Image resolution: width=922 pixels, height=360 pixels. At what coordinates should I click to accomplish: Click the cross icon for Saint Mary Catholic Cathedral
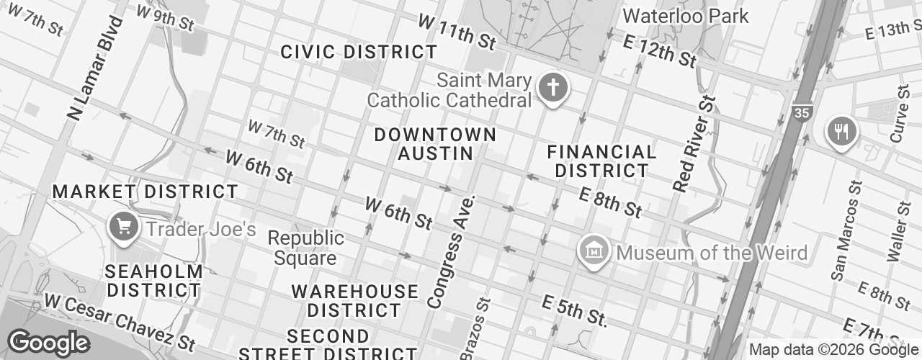tap(552, 89)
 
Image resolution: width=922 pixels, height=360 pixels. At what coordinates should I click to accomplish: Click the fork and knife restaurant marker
tap(842, 132)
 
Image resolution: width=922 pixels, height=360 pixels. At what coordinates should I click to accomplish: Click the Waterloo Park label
tap(685, 16)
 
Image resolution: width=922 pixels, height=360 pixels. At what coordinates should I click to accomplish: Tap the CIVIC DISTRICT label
tap(358, 52)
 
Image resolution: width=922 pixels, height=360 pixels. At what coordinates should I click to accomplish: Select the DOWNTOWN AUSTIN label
tap(435, 144)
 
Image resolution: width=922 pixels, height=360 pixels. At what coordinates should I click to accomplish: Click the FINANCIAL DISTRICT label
tap(601, 161)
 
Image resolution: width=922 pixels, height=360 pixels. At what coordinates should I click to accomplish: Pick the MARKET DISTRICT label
tap(145, 192)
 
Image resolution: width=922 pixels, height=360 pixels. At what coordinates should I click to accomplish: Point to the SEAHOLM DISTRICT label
tap(153, 281)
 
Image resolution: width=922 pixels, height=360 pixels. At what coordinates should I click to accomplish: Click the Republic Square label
tap(305, 248)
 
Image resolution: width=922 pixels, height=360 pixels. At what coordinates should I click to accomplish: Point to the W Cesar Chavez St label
tap(120, 320)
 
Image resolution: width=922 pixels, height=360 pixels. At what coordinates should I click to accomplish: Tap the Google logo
tap(48, 343)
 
